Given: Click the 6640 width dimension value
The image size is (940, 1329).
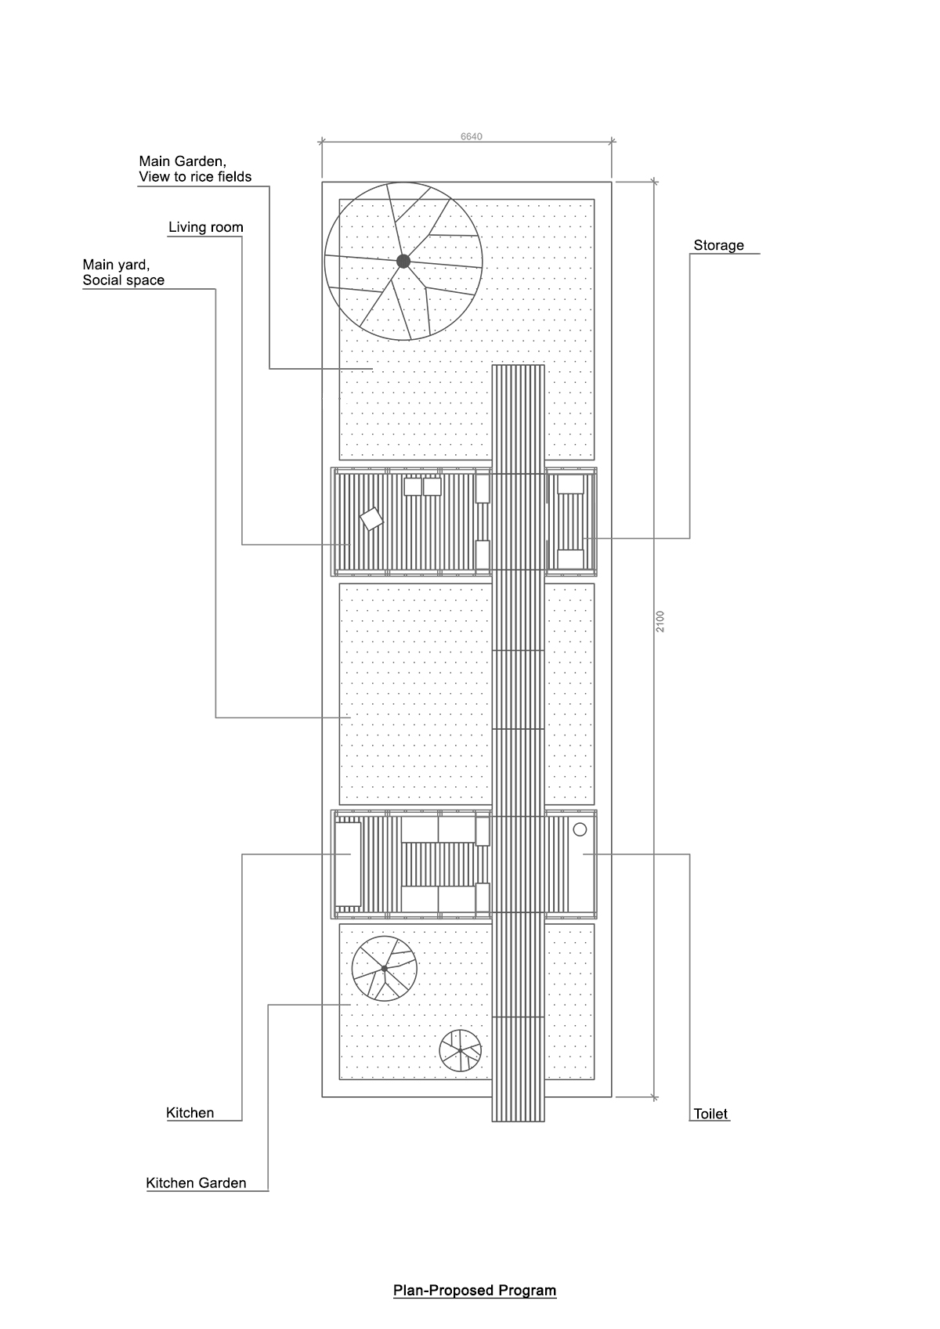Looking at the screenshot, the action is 472,136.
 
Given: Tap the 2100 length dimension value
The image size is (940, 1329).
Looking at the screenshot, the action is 660,621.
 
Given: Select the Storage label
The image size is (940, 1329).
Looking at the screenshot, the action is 718,245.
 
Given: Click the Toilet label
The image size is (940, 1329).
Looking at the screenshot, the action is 710,1114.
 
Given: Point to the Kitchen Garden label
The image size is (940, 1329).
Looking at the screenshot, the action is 196,1183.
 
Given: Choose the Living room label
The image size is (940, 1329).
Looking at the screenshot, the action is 205,227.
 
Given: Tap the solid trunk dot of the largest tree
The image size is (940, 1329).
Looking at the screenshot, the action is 403,261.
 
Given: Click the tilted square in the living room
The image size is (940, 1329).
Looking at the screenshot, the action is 371,519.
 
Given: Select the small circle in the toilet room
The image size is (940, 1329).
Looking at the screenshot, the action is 580,829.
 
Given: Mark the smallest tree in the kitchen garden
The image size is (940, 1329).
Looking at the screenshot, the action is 461,1050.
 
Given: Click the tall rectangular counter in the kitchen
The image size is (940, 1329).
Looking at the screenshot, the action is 348,864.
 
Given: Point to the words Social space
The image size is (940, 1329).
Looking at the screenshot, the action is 124,280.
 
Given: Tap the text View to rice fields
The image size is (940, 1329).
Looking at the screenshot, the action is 194,177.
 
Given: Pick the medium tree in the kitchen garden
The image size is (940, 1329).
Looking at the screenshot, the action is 385,968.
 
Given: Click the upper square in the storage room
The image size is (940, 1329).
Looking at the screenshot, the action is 570,484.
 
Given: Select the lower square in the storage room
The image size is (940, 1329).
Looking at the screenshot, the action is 570,559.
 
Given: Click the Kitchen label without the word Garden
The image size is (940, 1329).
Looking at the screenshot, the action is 190,1112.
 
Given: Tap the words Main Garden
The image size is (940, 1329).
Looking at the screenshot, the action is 183,161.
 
